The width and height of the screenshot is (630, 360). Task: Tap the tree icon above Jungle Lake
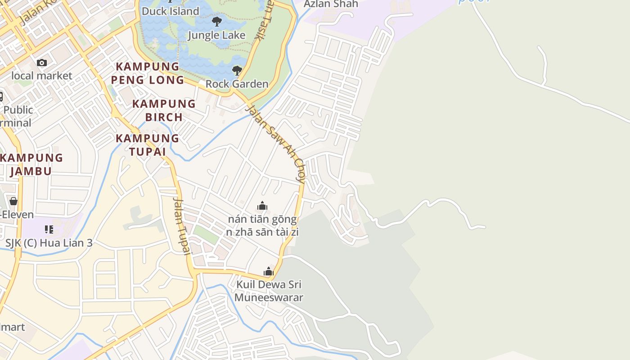(x=217, y=21)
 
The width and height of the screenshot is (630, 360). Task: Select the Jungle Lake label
(x=216, y=35)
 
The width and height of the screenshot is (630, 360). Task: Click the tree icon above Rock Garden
(x=237, y=71)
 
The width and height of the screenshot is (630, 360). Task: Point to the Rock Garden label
(x=237, y=84)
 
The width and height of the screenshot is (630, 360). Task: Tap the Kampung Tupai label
(x=148, y=144)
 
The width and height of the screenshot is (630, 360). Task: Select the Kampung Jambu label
(x=31, y=164)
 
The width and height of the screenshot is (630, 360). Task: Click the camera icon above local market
(x=42, y=63)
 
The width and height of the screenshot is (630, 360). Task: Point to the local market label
(x=41, y=76)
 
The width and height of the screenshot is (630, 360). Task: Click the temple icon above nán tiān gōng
(x=262, y=206)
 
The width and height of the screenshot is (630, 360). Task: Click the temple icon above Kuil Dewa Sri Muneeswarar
(x=269, y=271)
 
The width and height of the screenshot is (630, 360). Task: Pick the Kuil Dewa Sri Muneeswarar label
(x=269, y=291)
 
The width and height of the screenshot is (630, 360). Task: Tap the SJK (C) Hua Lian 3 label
(x=49, y=243)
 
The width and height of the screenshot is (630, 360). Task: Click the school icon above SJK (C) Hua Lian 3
(x=49, y=229)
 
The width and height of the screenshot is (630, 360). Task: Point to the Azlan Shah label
(x=331, y=4)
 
